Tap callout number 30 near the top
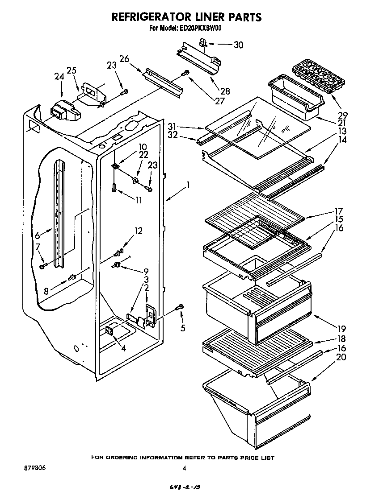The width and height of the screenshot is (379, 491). point(239,45)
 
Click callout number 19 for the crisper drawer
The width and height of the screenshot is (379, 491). point(341,329)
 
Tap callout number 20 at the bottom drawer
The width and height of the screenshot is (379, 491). point(341,357)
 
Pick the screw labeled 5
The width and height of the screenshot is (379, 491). point(181,307)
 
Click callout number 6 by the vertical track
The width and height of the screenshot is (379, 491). point(38,235)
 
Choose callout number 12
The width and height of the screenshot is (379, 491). point(139,231)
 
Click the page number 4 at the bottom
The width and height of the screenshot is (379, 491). point(184,468)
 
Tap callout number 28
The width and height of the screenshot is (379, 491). point(225,91)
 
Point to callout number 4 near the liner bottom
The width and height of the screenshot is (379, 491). point(123,348)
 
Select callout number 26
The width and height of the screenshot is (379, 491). point(124,58)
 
